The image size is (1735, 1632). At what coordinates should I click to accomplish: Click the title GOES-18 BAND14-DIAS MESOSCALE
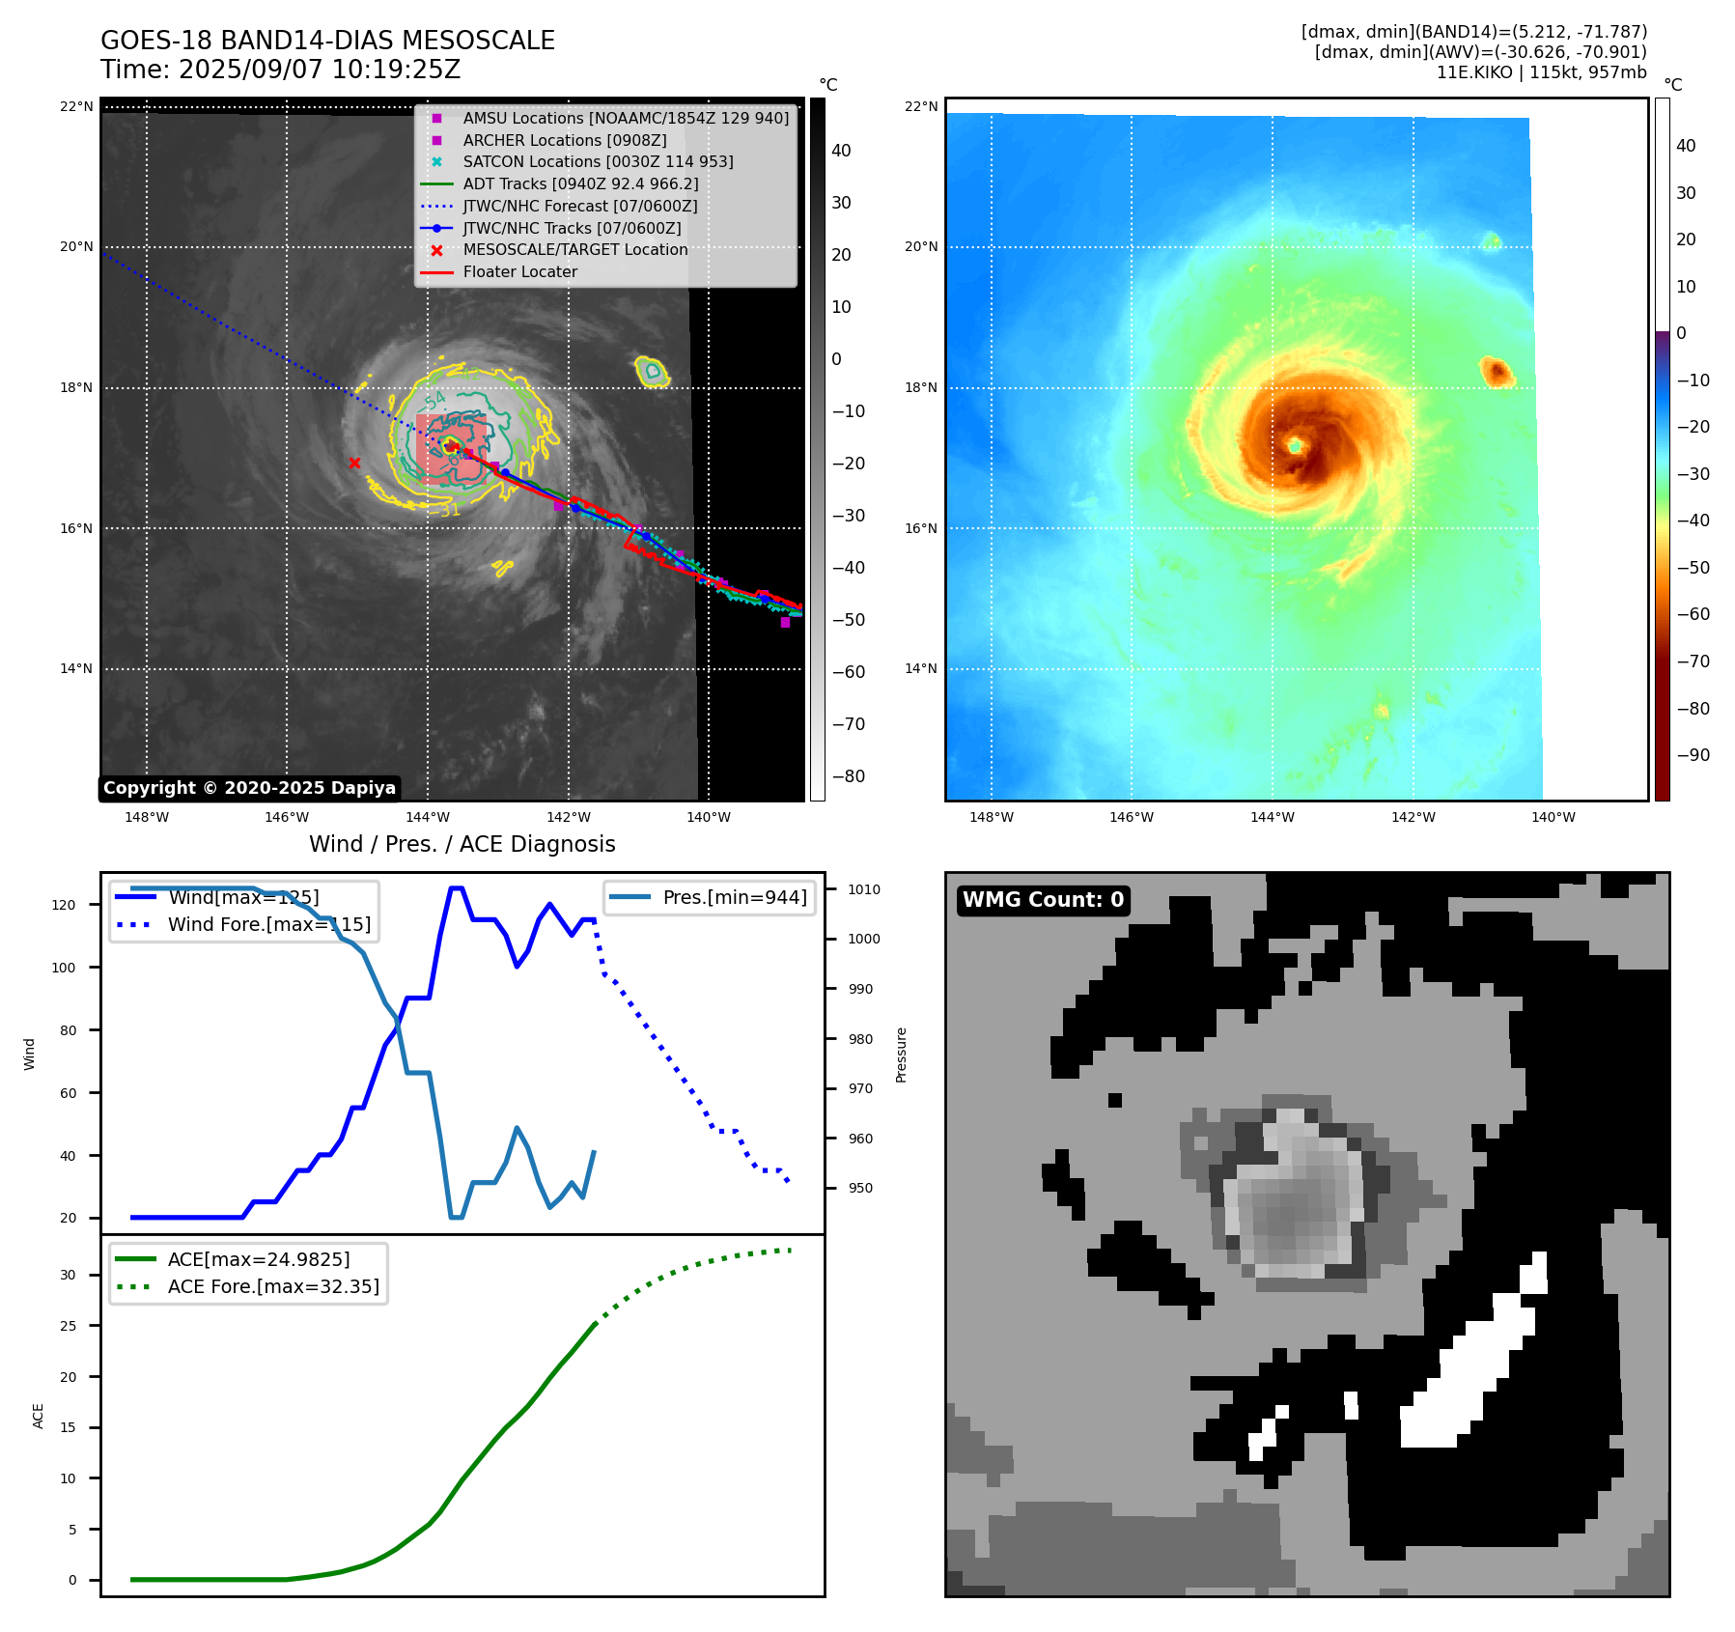coord(327,41)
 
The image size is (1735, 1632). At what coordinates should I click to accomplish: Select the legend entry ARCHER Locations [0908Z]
coord(564,140)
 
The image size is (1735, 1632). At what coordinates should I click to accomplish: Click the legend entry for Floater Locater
coord(519,271)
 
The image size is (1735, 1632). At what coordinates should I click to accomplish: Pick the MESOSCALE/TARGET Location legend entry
coord(574,249)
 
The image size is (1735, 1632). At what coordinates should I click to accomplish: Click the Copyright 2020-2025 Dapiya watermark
coord(249,788)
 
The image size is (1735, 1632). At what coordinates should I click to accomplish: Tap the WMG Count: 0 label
coord(1043,900)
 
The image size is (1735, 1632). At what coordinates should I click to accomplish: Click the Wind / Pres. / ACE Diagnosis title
coord(462,844)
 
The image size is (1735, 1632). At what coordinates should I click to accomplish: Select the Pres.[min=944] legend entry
coord(734,897)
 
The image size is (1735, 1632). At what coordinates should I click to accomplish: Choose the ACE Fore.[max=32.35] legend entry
coord(273,1286)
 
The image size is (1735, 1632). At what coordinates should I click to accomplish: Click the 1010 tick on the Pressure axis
coord(864,889)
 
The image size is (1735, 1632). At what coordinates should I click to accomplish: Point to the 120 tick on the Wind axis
coord(64,905)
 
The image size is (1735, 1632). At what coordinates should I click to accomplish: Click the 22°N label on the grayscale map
coord(76,106)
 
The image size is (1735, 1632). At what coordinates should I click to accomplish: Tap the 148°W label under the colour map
coord(991,817)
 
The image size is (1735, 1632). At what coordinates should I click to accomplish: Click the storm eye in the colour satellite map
coord(1295,445)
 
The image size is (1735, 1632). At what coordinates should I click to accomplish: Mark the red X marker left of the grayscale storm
coord(354,463)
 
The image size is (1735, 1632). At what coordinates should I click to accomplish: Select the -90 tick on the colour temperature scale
coord(1693,755)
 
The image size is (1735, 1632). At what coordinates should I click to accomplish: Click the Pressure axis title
coord(901,1055)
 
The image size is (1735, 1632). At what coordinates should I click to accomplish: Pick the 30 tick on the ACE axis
coord(68,1275)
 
